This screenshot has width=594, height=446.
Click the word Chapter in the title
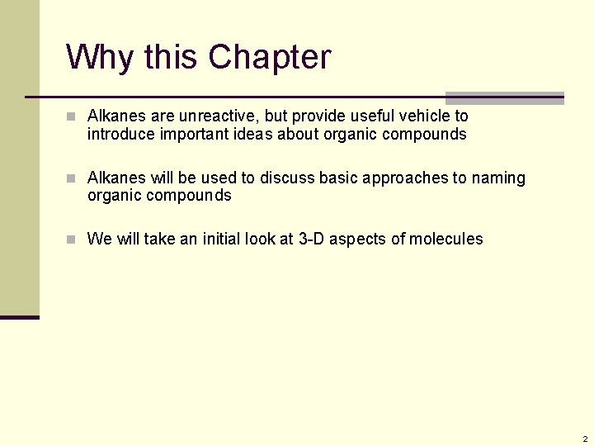pos(269,57)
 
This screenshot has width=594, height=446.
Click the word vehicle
pos(425,116)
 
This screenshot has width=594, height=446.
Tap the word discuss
pos(288,178)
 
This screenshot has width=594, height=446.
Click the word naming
pos(498,178)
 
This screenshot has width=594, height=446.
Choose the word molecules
pos(446,240)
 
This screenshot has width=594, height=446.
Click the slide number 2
pos(584,438)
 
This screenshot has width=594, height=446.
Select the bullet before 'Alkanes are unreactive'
pos(72,116)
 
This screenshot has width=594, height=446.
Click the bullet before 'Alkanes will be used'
pos(72,178)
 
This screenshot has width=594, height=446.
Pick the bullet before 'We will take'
pos(72,240)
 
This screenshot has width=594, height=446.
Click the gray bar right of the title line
pos(504,97)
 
